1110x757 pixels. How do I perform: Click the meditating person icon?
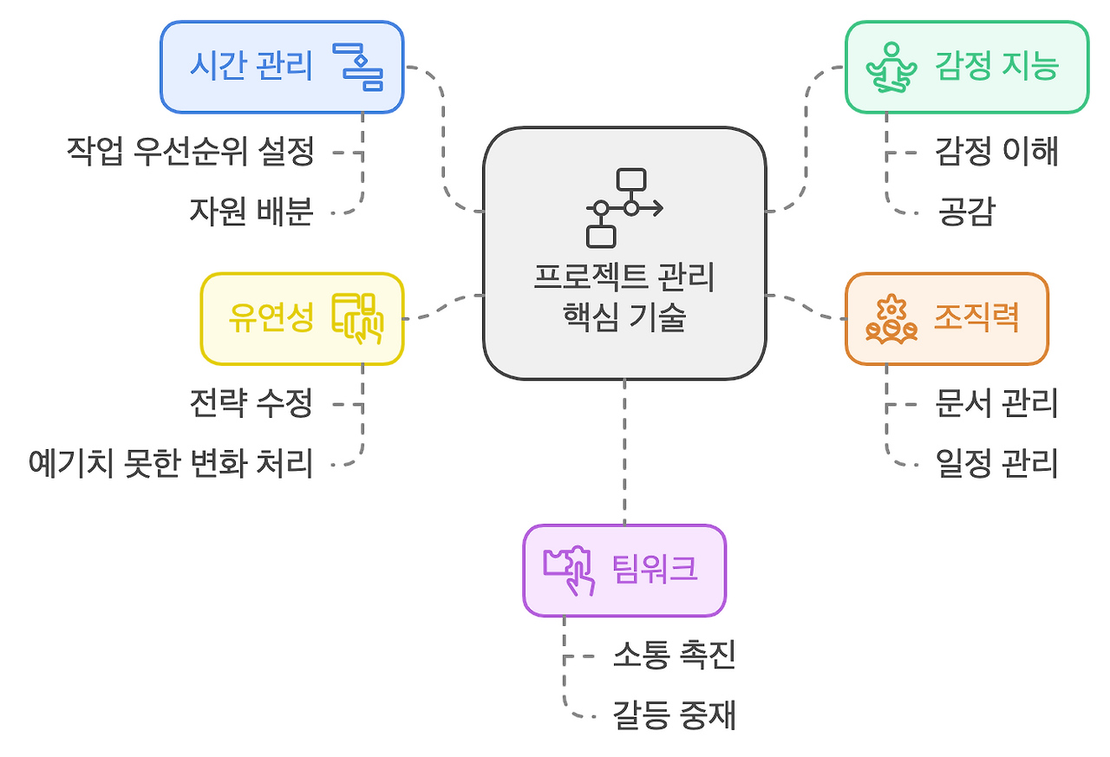pos(891,68)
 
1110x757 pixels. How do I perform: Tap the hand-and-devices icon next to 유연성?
pos(357,318)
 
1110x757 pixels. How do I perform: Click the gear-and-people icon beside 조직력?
pos(891,319)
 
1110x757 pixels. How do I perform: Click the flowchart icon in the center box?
pos(624,208)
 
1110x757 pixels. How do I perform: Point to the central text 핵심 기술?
pos(624,317)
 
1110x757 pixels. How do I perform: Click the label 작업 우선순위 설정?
pos(190,152)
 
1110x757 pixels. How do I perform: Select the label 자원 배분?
pos(251,212)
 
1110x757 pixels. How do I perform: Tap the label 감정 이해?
pos(996,152)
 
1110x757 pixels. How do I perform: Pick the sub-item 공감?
pos(966,212)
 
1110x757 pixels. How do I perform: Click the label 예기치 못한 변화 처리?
pos(170,463)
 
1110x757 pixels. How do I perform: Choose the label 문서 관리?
pos(996,403)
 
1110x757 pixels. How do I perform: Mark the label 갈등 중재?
pos(674,715)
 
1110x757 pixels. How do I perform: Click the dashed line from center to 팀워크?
pos(624,451)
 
